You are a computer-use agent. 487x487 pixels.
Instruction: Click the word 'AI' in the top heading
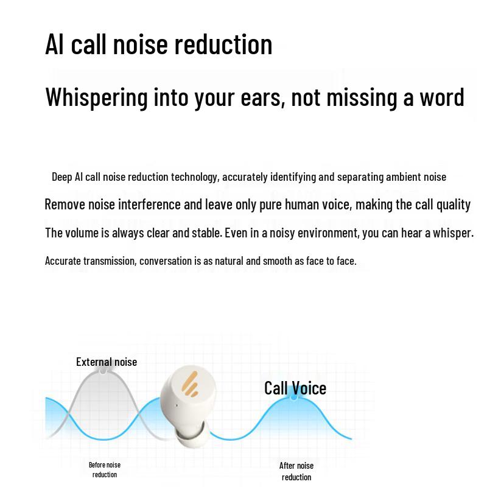click(x=55, y=44)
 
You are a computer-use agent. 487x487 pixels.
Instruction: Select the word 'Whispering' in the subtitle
click(x=97, y=97)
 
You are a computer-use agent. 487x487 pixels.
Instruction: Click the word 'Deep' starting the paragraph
click(x=62, y=177)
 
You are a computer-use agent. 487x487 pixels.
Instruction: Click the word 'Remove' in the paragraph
click(x=65, y=205)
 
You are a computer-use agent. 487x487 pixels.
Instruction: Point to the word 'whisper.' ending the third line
click(x=454, y=233)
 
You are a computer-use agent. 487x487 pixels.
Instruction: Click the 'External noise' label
click(x=107, y=362)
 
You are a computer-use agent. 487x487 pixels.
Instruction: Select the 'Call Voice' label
click(x=295, y=388)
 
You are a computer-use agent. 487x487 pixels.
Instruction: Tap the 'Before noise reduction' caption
click(x=105, y=469)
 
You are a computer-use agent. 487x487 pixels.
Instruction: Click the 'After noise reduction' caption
click(x=296, y=471)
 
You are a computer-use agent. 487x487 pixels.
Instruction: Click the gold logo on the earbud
click(x=190, y=384)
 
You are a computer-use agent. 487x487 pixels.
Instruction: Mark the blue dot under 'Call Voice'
click(x=294, y=398)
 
